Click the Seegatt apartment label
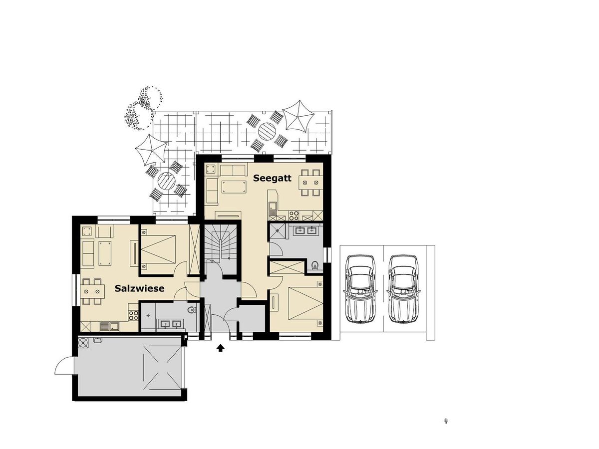pyautogui.click(x=272, y=178)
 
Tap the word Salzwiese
pyautogui.click(x=139, y=288)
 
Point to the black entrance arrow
pyautogui.click(x=220, y=348)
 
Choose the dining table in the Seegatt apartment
pyautogui.click(x=310, y=183)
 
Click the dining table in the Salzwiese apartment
pyautogui.click(x=92, y=290)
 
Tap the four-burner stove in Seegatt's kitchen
pyautogui.click(x=295, y=216)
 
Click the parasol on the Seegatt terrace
pyautogui.click(x=299, y=116)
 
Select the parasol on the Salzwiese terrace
pyautogui.click(x=151, y=149)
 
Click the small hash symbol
pyautogui.click(x=446, y=421)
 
